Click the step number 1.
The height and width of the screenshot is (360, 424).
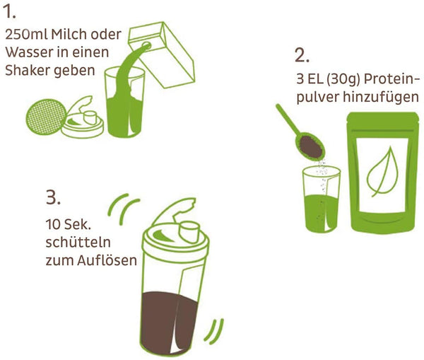(x=10, y=11)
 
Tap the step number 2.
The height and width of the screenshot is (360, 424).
(x=302, y=56)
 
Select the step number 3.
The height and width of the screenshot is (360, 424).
(x=53, y=197)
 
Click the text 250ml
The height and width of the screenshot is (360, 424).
(x=26, y=35)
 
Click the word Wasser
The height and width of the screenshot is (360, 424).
(x=30, y=52)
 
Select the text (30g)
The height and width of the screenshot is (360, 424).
(x=343, y=79)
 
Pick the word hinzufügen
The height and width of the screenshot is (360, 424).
(x=381, y=97)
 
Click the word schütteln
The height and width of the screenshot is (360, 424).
(x=78, y=243)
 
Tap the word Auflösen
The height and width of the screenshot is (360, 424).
(x=107, y=260)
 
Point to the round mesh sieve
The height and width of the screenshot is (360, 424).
(x=46, y=117)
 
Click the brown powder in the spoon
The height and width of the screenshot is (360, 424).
(x=312, y=147)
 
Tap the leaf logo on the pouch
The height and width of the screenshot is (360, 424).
(x=382, y=171)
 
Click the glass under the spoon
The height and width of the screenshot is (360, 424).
(x=322, y=199)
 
